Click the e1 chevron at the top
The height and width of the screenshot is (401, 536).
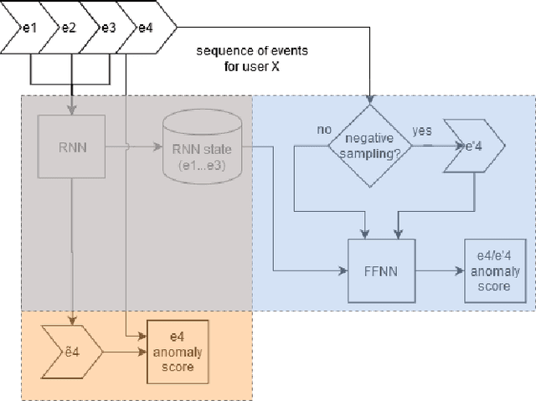tap(28, 28)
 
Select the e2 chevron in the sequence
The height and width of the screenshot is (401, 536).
tap(68, 28)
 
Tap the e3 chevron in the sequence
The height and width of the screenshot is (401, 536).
tap(107, 28)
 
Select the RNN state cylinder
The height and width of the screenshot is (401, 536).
tap(202, 147)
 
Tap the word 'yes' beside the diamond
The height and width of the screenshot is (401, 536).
tap(423, 131)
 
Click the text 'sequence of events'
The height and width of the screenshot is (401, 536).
tap(252, 50)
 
